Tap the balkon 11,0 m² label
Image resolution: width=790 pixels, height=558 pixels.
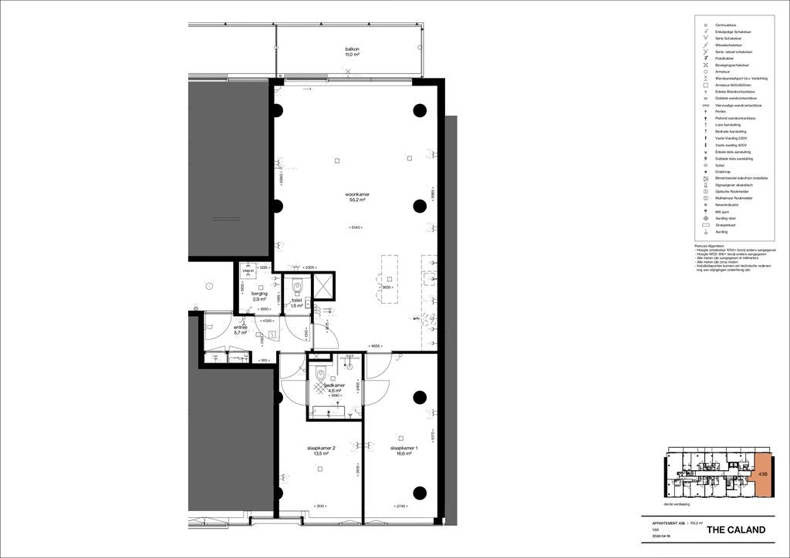353,52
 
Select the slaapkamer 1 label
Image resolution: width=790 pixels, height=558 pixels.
403,451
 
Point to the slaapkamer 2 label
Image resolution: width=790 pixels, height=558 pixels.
322,451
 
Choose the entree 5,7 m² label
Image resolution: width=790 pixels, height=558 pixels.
241,330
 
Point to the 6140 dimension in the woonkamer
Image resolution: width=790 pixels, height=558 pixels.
356,227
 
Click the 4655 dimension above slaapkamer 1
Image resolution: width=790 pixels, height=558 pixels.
376,346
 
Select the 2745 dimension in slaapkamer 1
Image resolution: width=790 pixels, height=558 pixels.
402,506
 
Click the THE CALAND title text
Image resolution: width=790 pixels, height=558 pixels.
736,529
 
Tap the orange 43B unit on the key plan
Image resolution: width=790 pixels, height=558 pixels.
762,475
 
